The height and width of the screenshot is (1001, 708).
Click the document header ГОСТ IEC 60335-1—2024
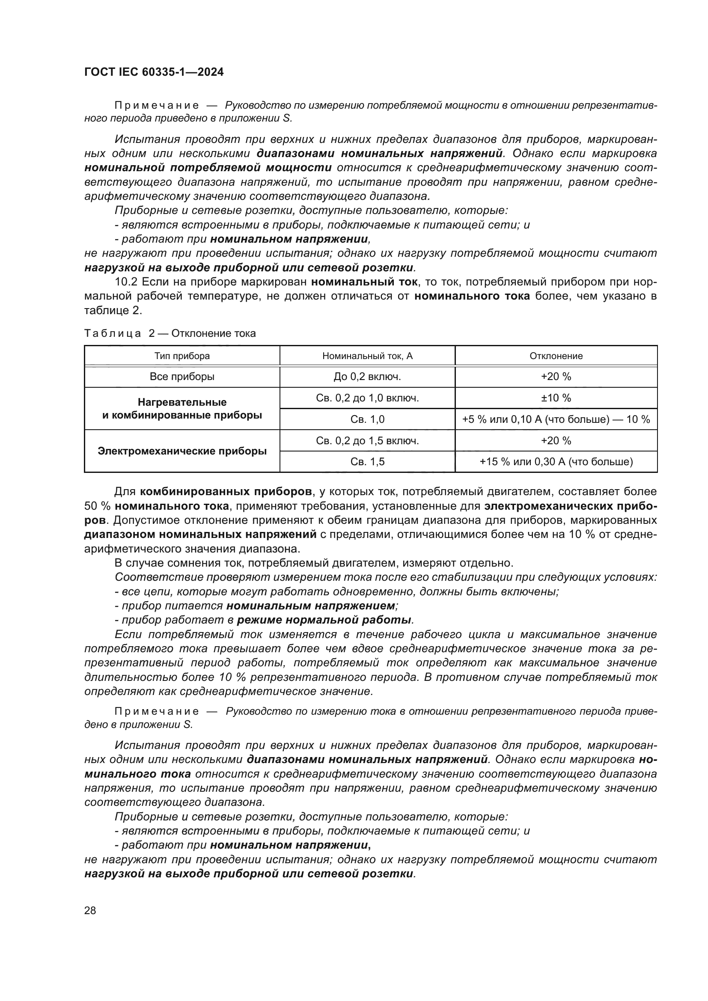[154, 72]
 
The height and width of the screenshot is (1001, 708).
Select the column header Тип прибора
[182, 356]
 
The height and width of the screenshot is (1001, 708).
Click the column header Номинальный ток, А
[367, 356]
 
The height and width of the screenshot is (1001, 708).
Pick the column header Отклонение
[556, 356]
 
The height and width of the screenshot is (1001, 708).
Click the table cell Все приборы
[182, 377]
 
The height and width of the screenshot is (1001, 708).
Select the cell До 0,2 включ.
[367, 377]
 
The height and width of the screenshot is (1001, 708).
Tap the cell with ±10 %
[556, 398]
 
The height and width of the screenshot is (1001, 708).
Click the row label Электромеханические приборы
[182, 451]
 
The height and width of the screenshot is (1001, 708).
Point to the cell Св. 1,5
[367, 462]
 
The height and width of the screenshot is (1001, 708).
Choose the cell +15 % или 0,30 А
[556, 462]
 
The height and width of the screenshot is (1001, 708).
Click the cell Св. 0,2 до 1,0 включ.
[367, 398]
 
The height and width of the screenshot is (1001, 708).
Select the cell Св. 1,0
[367, 419]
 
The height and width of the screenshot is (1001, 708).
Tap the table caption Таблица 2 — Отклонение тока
[170, 333]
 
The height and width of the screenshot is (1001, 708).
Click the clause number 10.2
[125, 282]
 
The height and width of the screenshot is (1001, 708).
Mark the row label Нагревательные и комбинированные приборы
[182, 409]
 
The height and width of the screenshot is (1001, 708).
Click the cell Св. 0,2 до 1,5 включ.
[367, 440]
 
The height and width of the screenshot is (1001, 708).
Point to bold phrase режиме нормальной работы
[324, 620]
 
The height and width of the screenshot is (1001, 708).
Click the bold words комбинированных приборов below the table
[226, 492]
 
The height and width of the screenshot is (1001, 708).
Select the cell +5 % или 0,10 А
[556, 419]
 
